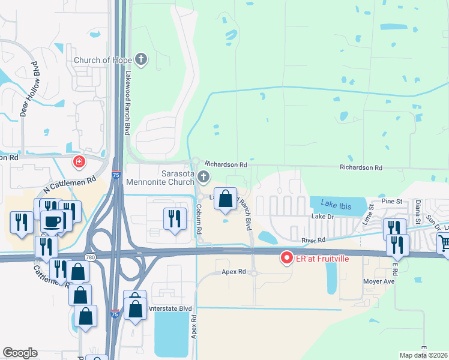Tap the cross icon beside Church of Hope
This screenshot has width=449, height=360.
pos(141,59)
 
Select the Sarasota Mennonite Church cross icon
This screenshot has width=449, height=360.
pos(204,176)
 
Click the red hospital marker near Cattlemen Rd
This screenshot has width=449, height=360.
pos(79,162)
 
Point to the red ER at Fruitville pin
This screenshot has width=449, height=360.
pos(286,259)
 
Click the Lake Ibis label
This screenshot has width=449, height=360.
pos(334,203)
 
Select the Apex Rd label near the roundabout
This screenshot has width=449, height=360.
pos(234,272)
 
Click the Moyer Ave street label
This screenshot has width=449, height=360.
pos(378,281)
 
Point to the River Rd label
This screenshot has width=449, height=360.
pos(313,240)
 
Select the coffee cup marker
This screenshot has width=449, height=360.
pos(52,221)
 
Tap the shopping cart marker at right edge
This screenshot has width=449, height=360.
pos(444,244)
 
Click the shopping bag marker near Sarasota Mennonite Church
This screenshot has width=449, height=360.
pos(225,199)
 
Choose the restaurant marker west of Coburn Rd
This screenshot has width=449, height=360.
pos(175,217)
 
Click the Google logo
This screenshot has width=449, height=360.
pos(20,353)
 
